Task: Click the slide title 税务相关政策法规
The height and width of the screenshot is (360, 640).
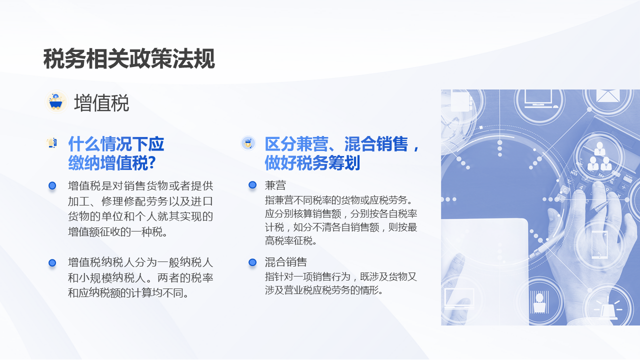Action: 129,59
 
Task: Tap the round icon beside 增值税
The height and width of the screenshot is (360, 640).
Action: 56,102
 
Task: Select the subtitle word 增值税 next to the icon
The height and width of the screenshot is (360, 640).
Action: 101,103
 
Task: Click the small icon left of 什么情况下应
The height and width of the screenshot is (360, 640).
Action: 51,143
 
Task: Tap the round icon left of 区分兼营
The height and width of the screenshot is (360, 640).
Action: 248,143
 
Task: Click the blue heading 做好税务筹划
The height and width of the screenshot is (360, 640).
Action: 312,163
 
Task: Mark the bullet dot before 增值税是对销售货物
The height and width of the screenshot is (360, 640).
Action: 52,186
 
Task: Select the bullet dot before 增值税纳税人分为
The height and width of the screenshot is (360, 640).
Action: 52,262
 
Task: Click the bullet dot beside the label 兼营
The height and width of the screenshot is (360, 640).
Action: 252,185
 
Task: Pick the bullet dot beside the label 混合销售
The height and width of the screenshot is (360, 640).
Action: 252,262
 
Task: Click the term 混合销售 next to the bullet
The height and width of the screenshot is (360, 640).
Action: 285,262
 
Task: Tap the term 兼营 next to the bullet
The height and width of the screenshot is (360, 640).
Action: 275,185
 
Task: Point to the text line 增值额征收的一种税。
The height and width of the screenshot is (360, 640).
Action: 117,232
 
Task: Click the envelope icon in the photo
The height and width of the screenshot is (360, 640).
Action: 607,96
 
